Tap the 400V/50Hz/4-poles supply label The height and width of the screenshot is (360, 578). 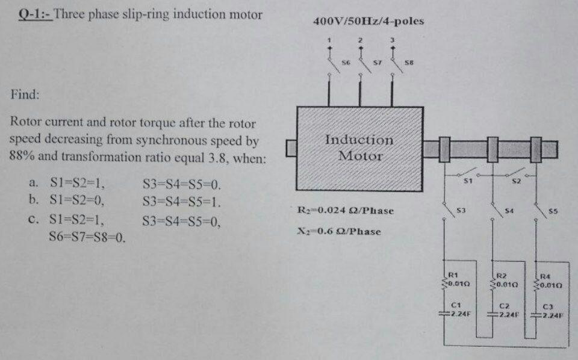[368, 21]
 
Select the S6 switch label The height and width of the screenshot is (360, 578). [346, 62]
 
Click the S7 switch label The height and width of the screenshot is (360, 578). [378, 62]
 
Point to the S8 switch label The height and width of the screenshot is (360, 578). [409, 62]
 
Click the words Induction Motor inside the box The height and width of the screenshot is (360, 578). [359, 147]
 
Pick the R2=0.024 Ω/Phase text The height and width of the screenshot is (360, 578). [346, 211]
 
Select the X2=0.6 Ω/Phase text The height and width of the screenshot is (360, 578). [339, 231]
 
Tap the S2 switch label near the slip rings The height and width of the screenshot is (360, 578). [515, 181]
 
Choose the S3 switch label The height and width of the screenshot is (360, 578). [461, 211]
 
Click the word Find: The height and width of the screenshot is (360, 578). [25, 95]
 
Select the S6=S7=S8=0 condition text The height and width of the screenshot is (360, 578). [86, 237]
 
